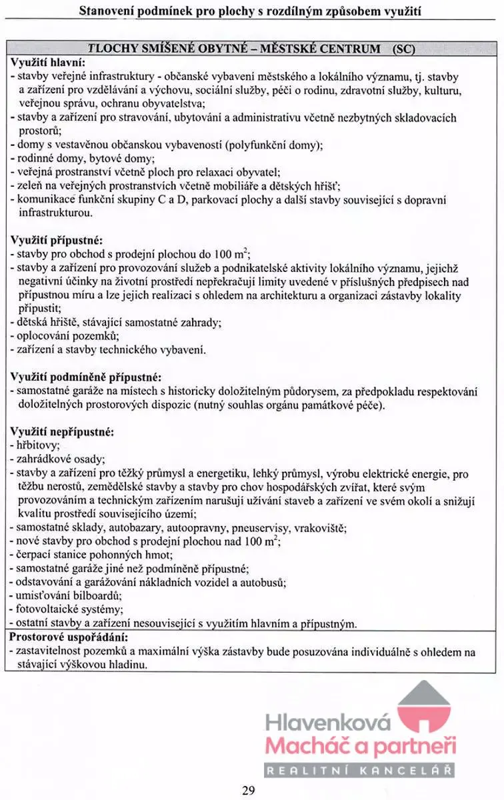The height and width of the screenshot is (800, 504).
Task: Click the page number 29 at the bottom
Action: (248, 791)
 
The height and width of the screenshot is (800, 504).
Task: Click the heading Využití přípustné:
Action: (57, 239)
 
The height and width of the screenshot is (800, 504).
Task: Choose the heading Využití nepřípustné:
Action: (63, 432)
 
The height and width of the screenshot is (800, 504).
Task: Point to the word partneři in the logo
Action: (415, 746)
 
